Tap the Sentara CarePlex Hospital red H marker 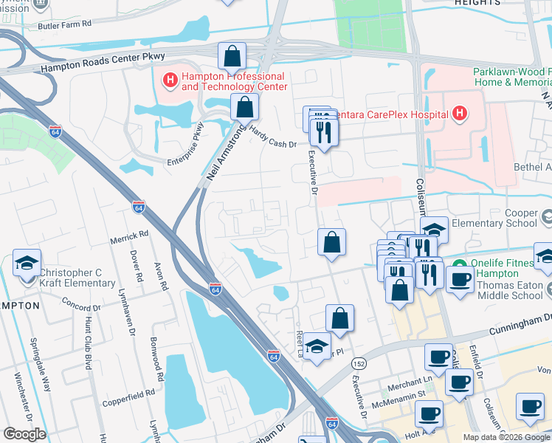point(460,114)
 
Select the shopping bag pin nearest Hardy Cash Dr point(245,108)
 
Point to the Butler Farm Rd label point(65,24)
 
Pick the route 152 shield point(359,363)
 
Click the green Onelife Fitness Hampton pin point(458,264)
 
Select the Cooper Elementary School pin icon point(547,218)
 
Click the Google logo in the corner point(24,433)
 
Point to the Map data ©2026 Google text point(506,437)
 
